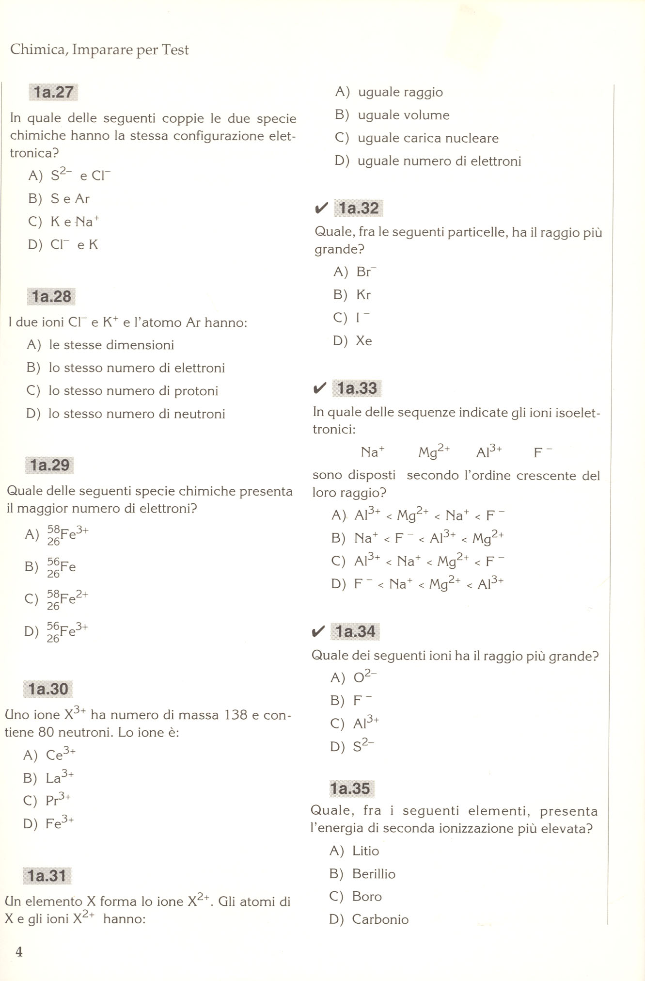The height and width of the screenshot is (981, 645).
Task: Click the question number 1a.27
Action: pyautogui.click(x=53, y=92)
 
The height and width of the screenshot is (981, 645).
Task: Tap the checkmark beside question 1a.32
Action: pyautogui.click(x=321, y=209)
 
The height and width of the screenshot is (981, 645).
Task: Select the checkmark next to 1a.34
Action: pyautogui.click(x=318, y=631)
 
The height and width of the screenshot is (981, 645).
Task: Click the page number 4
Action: pyautogui.click(x=19, y=951)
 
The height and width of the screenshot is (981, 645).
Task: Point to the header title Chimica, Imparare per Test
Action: pyautogui.click(x=99, y=49)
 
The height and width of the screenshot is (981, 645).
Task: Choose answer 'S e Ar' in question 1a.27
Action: pyautogui.click(x=70, y=199)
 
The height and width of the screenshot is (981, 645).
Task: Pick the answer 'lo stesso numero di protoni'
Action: pyautogui.click(x=133, y=391)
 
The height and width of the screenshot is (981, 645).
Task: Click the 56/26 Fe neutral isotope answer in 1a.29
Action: pyautogui.click(x=61, y=567)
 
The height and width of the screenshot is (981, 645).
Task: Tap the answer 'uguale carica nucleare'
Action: pyautogui.click(x=428, y=138)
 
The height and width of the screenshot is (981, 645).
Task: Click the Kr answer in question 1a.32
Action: pyautogui.click(x=363, y=295)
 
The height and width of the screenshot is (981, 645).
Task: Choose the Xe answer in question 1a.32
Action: pyautogui.click(x=363, y=341)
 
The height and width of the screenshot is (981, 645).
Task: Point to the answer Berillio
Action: pyautogui.click(x=374, y=874)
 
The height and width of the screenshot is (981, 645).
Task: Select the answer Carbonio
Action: pyautogui.click(x=380, y=919)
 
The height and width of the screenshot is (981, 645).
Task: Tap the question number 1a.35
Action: pyautogui.click(x=350, y=788)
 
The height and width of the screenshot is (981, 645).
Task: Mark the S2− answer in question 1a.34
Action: pyautogui.click(x=363, y=745)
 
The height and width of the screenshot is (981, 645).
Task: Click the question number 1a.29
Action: pyautogui.click(x=50, y=465)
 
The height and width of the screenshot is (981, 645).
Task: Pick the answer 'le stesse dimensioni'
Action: pyautogui.click(x=111, y=345)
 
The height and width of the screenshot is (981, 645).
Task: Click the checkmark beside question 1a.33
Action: pyautogui.click(x=319, y=388)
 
